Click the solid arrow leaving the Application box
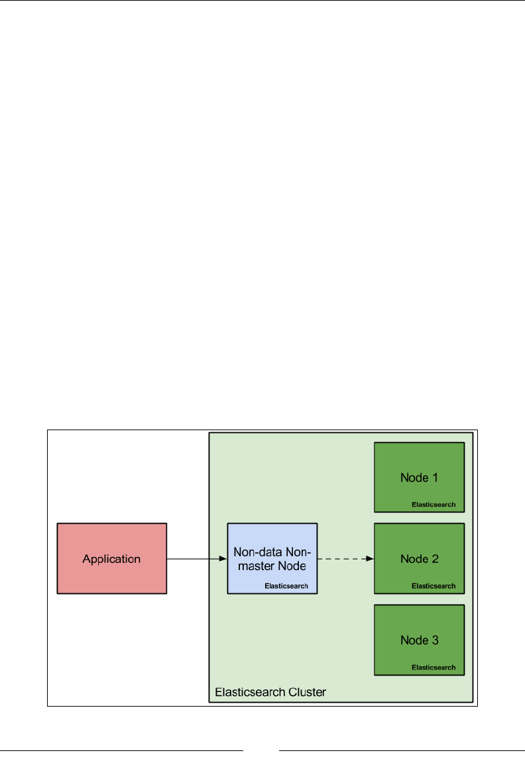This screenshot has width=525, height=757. (x=196, y=559)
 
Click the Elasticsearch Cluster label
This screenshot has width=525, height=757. (x=270, y=693)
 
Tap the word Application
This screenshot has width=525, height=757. (x=111, y=559)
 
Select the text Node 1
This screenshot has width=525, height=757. (x=419, y=477)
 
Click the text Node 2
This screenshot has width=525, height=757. (x=419, y=559)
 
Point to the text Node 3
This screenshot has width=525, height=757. (x=419, y=640)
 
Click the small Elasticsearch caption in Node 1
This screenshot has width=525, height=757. (x=434, y=504)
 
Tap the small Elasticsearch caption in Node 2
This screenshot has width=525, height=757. (x=434, y=586)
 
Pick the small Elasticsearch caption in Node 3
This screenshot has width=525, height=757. (x=434, y=668)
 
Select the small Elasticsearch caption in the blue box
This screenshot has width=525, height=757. (x=286, y=586)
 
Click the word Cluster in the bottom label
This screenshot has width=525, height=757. (x=307, y=693)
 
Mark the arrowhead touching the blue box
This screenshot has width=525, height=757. (x=223, y=559)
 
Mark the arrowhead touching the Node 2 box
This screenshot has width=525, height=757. (x=371, y=559)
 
